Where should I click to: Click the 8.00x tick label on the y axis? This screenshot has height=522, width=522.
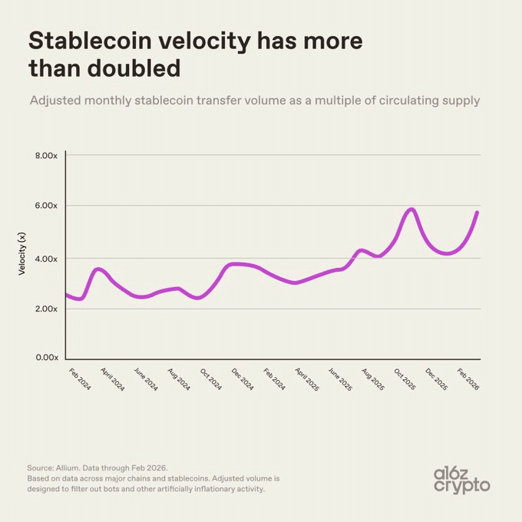tap(46, 156)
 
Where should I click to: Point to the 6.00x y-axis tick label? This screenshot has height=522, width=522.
tap(46, 206)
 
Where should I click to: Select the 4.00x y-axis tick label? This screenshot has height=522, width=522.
tap(46, 259)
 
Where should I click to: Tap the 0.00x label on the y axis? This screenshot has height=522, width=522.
tap(46, 358)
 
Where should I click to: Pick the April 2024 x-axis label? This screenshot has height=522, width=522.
tap(113, 380)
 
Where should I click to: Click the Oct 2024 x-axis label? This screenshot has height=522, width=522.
tap(211, 379)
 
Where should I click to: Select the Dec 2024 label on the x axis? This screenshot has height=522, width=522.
tap(243, 379)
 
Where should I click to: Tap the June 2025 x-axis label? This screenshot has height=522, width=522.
tap(340, 380)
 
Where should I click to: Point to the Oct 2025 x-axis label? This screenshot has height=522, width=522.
tap(405, 379)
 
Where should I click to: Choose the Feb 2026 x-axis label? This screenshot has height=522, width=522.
tap(469, 379)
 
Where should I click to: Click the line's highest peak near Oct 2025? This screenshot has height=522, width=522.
tap(412, 210)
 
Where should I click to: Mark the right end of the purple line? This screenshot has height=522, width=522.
tap(477, 213)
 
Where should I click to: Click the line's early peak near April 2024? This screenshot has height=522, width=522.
tap(97, 269)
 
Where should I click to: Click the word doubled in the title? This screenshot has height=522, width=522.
tap(139, 68)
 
